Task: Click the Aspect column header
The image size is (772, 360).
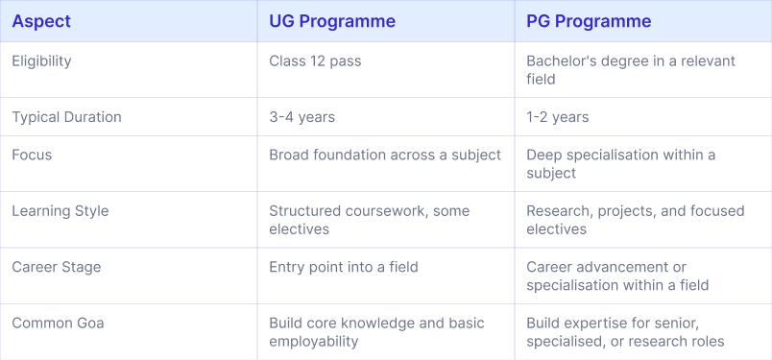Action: (41, 21)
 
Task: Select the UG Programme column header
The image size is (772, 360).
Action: (332, 21)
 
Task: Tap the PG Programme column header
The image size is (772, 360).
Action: (589, 21)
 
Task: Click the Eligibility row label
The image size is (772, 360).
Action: (42, 61)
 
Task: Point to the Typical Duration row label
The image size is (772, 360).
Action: (66, 117)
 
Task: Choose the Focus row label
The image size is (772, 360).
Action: (32, 155)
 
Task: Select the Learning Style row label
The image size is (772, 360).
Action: (60, 211)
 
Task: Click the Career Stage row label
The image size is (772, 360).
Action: (56, 268)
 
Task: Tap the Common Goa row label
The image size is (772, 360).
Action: (58, 324)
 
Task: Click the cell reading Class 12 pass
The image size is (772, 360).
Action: (315, 61)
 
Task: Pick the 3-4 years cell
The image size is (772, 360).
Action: (302, 117)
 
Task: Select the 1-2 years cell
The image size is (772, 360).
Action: (557, 117)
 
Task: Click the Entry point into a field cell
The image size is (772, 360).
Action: (343, 267)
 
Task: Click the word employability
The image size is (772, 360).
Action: (313, 342)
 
